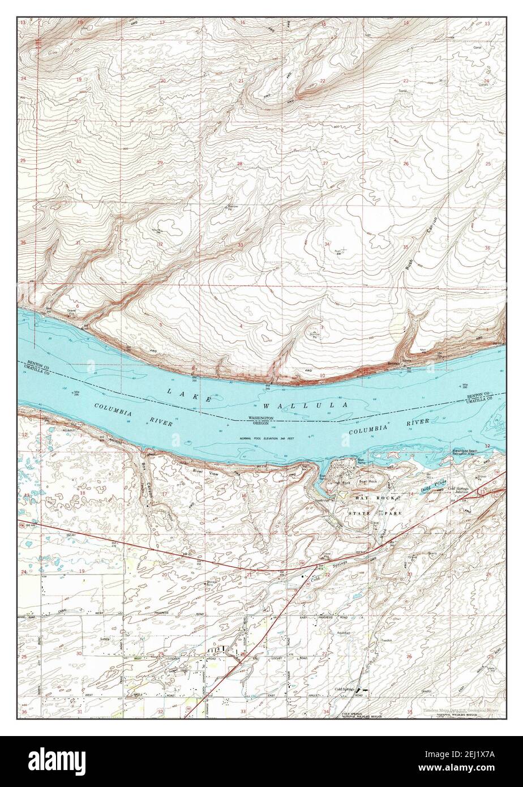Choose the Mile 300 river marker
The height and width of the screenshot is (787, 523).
point(464,386)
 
